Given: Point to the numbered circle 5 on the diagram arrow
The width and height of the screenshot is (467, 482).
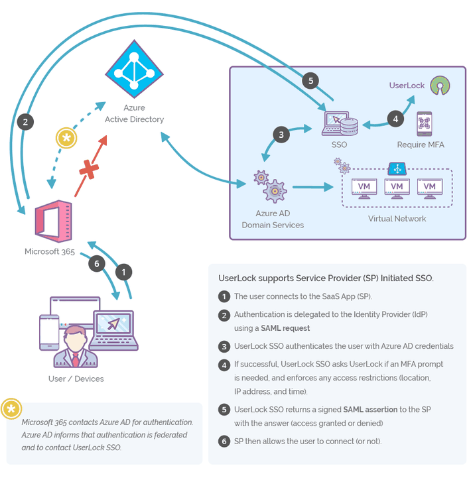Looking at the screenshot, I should (310, 81).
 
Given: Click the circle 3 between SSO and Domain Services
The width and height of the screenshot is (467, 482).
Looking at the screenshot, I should (281, 135).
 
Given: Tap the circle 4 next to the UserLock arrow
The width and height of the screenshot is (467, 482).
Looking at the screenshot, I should (395, 119).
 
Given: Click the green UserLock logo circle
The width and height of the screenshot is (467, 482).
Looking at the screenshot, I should (438, 85).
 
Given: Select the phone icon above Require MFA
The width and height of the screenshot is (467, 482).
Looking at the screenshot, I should (425, 124).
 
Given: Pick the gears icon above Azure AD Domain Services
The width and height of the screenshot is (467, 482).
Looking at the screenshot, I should (271, 187).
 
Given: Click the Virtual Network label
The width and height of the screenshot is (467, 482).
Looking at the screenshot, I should (397, 219).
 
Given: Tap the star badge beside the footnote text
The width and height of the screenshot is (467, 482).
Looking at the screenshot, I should (11, 410).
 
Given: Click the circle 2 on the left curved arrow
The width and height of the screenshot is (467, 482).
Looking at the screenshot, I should (25, 121).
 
